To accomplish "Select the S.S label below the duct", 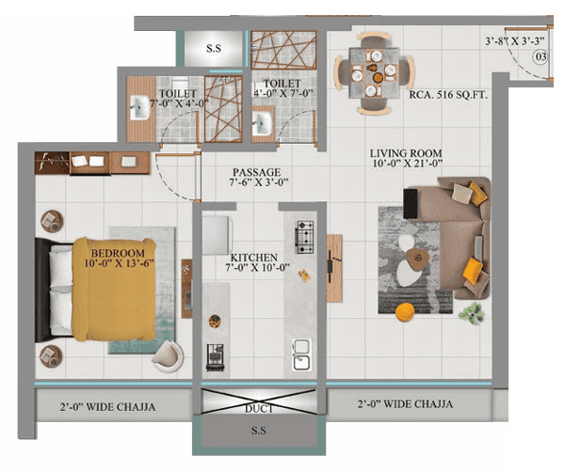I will (257, 433).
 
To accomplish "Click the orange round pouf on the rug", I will (404, 311).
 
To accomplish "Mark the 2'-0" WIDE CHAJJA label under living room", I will (406, 404).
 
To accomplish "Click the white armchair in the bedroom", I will (169, 355).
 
